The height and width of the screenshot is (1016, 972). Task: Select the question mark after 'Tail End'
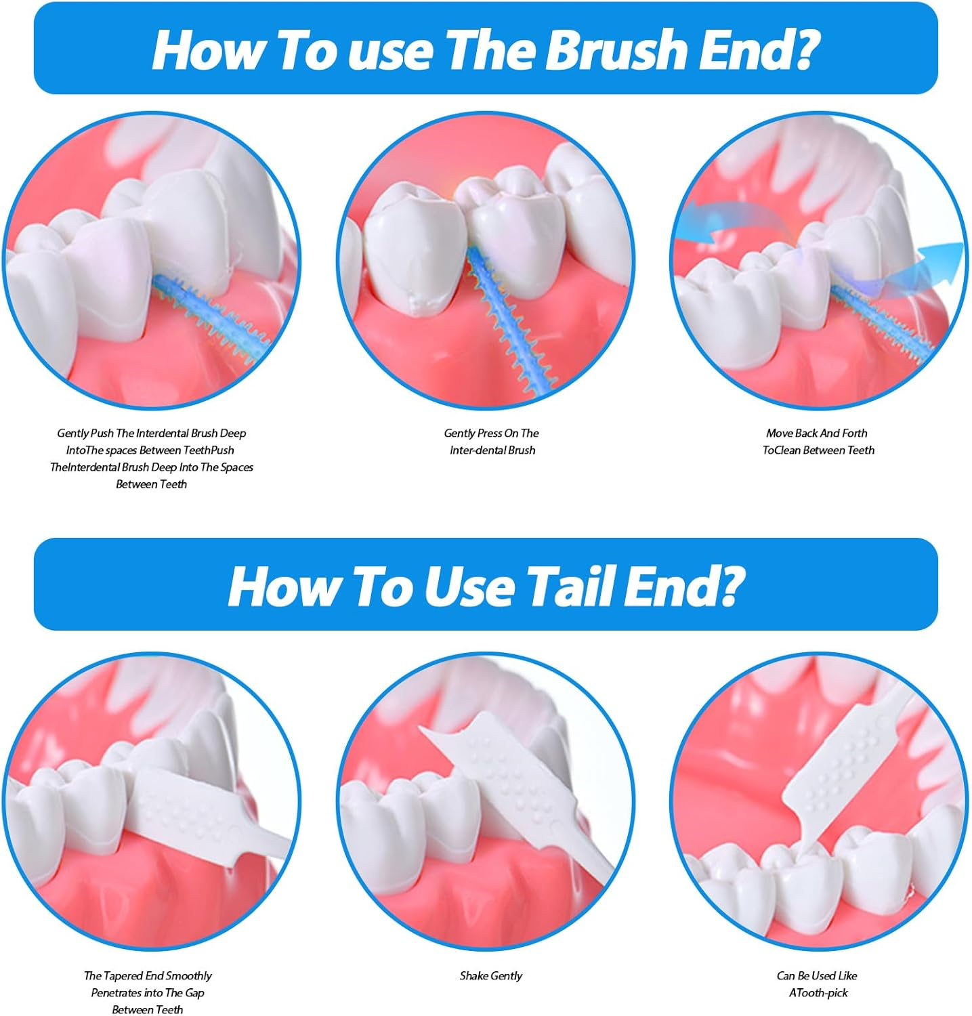coord(728,586)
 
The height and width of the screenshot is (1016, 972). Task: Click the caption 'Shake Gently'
coord(491,975)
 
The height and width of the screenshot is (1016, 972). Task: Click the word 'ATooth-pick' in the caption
coord(818,992)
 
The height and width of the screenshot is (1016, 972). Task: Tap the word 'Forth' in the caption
coord(854,433)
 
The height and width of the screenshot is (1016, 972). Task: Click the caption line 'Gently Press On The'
coord(492,433)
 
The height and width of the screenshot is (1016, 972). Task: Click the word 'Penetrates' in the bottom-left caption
coord(117,992)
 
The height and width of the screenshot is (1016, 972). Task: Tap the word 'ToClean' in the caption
coord(781,450)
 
